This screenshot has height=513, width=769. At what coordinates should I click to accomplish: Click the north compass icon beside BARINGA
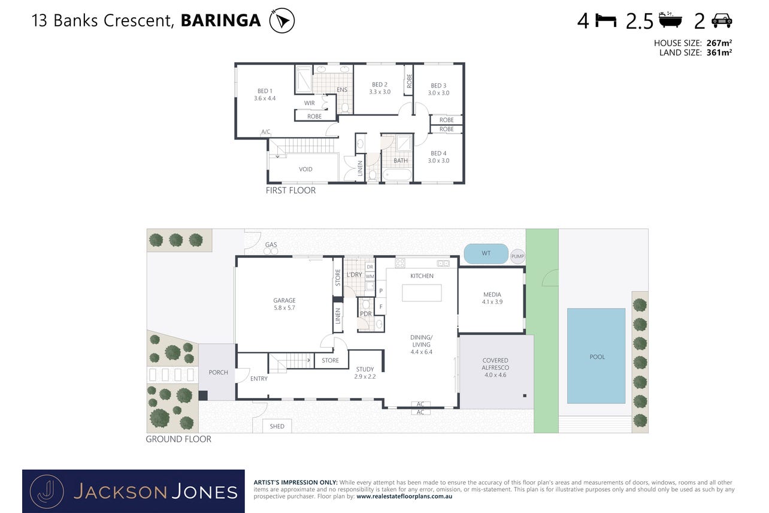click(x=282, y=20)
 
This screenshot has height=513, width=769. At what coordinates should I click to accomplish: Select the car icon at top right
click(x=722, y=20)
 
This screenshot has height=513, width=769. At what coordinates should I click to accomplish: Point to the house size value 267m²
click(x=719, y=43)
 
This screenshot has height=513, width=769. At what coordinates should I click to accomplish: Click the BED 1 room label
click(x=265, y=91)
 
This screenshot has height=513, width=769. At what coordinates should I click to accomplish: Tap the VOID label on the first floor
click(x=305, y=170)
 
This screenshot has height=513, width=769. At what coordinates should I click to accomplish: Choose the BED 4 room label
click(x=438, y=153)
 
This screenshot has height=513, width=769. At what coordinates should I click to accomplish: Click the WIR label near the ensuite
click(x=309, y=103)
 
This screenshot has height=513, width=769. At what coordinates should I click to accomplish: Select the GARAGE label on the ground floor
click(x=284, y=300)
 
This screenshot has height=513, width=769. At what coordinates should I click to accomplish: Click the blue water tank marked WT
click(x=486, y=254)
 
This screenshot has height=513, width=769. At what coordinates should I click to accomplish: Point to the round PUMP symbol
click(x=517, y=256)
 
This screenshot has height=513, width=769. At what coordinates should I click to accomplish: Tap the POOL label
click(x=597, y=357)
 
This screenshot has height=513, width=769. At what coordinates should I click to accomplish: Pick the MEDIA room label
click(x=492, y=294)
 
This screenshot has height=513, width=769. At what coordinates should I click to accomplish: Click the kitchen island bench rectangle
click(x=422, y=292)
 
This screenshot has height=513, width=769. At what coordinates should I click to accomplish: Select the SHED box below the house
click(x=277, y=426)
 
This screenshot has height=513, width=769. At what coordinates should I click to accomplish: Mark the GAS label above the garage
click(x=271, y=245)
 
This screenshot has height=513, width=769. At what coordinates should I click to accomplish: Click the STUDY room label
click(x=365, y=369)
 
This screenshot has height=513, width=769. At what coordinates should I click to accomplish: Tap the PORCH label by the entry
click(x=218, y=373)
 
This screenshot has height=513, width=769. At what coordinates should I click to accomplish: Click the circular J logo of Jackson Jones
click(x=47, y=491)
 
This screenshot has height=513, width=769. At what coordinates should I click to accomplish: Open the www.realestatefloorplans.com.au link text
click(x=404, y=496)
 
